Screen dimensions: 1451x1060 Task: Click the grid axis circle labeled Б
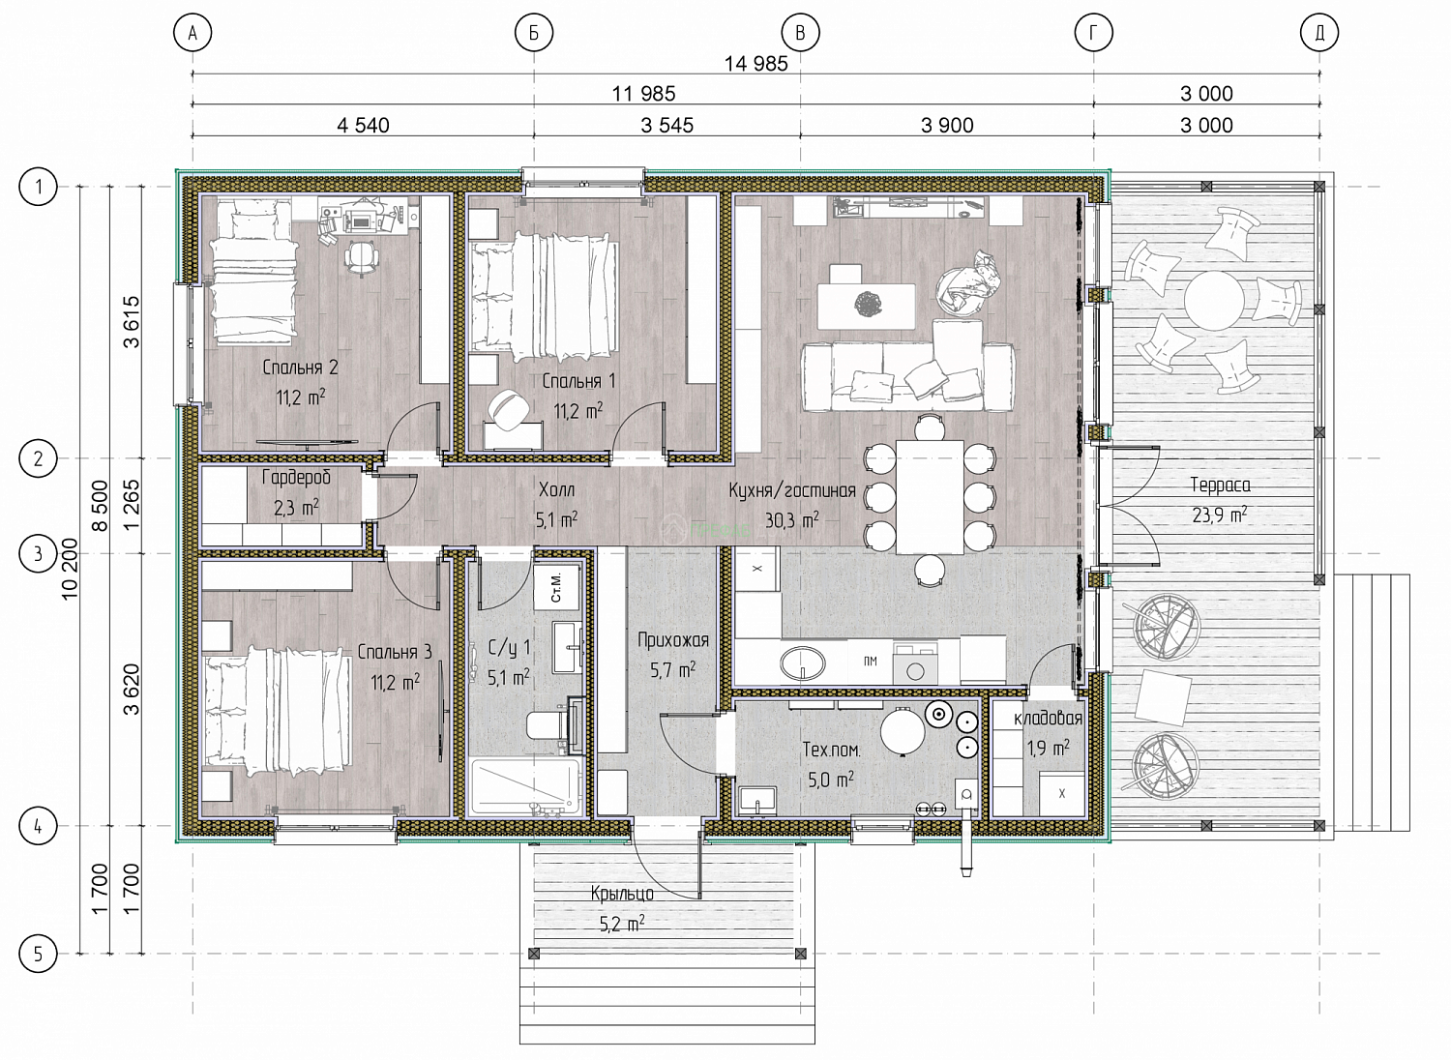click(534, 32)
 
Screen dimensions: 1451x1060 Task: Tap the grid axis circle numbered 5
click(38, 954)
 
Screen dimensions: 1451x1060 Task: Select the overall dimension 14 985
click(755, 64)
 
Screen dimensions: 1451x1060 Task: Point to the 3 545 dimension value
click(667, 125)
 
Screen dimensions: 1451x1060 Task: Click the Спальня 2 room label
click(300, 368)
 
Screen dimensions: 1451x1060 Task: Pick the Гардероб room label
click(296, 479)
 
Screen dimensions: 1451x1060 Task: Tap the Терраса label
click(1221, 485)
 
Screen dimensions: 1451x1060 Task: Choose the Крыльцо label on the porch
click(622, 895)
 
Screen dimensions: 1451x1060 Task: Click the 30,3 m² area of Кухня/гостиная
click(791, 520)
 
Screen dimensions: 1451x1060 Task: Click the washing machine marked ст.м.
click(556, 588)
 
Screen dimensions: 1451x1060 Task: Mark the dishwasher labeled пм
click(870, 662)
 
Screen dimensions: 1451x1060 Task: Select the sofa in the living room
click(908, 377)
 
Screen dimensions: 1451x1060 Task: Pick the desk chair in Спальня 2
click(361, 257)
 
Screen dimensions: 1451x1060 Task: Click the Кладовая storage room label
click(1048, 718)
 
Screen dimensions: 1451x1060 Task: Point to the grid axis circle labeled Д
click(1319, 32)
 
